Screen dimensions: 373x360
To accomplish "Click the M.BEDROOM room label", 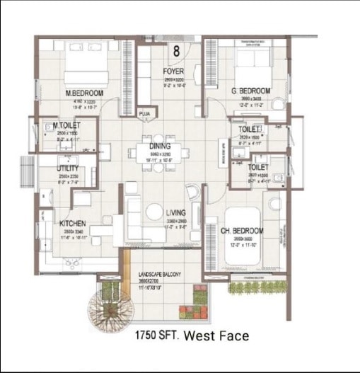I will tap(84, 93).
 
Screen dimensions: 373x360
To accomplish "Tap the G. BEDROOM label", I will tap(251, 91).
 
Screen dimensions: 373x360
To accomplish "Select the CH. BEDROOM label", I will tap(244, 231).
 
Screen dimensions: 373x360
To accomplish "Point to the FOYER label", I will tap(173, 72).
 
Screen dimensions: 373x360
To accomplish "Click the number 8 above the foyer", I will tap(175, 51).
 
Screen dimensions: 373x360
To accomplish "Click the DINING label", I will tap(160, 146).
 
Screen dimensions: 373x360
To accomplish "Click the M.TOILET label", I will tap(67, 126).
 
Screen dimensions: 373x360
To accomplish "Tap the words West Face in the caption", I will tap(216, 336).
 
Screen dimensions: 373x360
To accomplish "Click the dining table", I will tap(160, 156).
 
